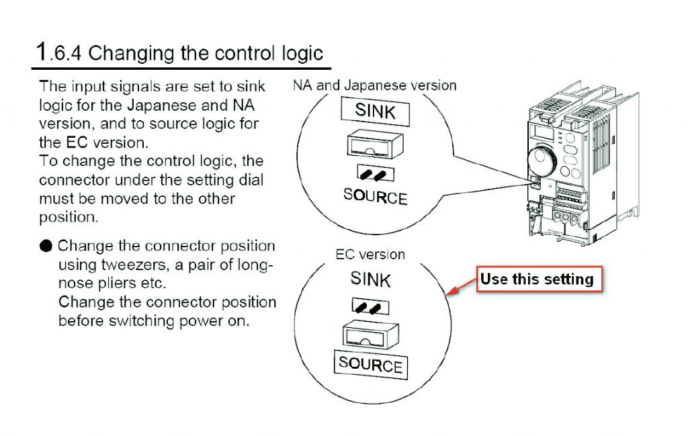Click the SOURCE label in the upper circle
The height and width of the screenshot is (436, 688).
pyautogui.click(x=375, y=197)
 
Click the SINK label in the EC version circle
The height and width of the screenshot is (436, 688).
pyautogui.click(x=370, y=279)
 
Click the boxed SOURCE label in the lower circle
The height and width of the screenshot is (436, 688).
pyautogui.click(x=371, y=365)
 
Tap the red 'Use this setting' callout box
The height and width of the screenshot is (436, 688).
pyautogui.click(x=540, y=279)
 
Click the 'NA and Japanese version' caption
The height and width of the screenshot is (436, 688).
pyautogui.click(x=375, y=85)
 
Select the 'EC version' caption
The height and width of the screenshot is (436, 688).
pyautogui.click(x=370, y=255)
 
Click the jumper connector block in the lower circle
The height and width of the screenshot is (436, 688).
pyautogui.click(x=371, y=335)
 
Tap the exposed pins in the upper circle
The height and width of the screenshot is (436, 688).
pyautogui.click(x=375, y=173)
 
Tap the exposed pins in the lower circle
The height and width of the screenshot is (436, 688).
pyautogui.click(x=370, y=306)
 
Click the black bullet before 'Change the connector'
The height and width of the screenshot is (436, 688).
pyautogui.click(x=46, y=246)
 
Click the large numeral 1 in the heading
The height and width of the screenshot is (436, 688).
pyautogui.click(x=42, y=52)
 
